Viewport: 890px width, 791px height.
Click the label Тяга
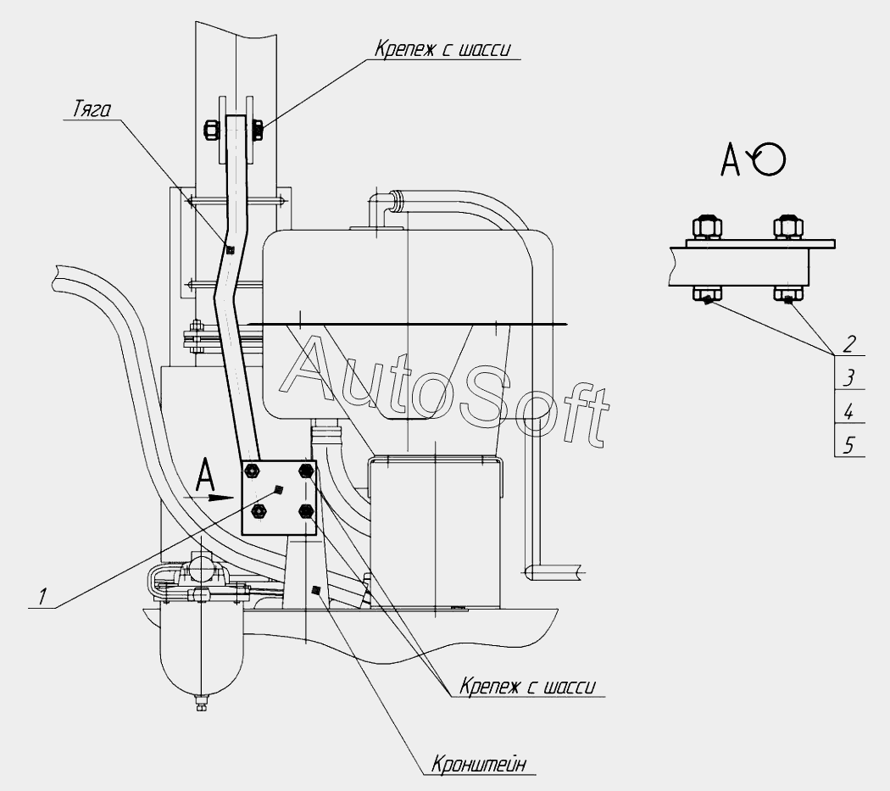pyautogui.click(x=92, y=109)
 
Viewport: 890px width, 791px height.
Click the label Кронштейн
pyautogui.click(x=479, y=764)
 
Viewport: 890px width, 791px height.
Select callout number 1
pyautogui.click(x=42, y=597)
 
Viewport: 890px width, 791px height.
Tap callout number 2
pyautogui.click(x=848, y=344)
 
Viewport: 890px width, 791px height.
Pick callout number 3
pyautogui.click(x=848, y=377)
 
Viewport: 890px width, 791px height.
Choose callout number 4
pyautogui.click(x=848, y=411)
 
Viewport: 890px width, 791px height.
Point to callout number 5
pyautogui.click(x=848, y=444)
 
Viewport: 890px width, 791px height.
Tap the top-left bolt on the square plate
pyautogui.click(x=252, y=471)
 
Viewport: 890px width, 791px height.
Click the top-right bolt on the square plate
pyautogui.click(x=307, y=471)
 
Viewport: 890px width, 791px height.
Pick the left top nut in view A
pyautogui.click(x=707, y=227)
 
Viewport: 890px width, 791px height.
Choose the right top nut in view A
pyautogui.click(x=787, y=227)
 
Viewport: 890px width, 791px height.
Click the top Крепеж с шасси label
pyautogui.click(x=442, y=49)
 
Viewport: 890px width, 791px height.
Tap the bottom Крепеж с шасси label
pyautogui.click(x=527, y=686)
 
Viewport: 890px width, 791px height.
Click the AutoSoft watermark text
pyautogui.click(x=442, y=392)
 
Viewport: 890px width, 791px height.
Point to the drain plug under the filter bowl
pyautogui.click(x=200, y=705)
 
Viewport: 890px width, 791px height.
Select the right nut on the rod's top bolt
pyautogui.click(x=257, y=130)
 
